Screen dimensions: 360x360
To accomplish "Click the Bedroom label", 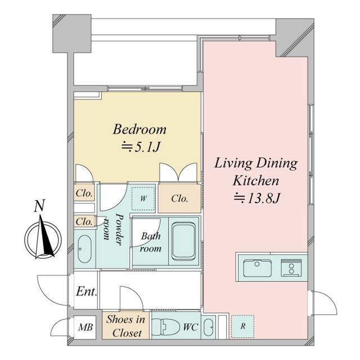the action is click(139, 129).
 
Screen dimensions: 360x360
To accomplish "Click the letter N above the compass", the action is click(39, 206).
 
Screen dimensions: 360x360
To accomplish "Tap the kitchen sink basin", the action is click(257, 268).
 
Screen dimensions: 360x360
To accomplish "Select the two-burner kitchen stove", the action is click(291, 268).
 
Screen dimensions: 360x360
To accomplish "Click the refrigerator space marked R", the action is click(242, 326).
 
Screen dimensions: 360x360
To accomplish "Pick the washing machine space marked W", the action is click(143, 199).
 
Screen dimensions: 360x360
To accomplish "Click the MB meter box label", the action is click(85, 327).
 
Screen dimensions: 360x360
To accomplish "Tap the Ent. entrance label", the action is click(87, 292).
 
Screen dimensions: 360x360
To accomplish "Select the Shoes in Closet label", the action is click(126, 326).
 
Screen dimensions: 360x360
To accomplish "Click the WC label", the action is click(190, 327).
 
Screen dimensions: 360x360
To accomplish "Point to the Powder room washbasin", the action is click(85, 249).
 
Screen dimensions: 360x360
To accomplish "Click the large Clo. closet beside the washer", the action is click(179, 199).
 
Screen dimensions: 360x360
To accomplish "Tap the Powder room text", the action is click(114, 229).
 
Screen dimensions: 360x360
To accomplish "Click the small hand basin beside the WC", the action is click(209, 327).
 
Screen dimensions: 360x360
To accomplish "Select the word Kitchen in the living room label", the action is click(256, 181).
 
